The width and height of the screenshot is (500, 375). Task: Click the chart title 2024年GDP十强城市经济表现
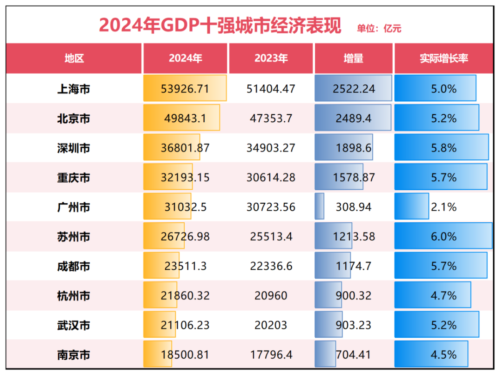click(220, 25)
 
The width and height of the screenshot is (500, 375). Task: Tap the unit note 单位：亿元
click(379, 29)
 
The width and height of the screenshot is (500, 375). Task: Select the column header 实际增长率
click(444, 58)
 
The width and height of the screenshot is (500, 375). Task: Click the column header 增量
click(353, 58)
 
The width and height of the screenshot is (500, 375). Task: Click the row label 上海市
click(74, 88)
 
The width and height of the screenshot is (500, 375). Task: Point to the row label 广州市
click(74, 207)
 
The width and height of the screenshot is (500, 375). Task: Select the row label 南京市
click(74, 355)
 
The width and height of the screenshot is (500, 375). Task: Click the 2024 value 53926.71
click(185, 88)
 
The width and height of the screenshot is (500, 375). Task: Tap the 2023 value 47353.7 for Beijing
click(271, 118)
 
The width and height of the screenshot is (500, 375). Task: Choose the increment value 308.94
click(353, 207)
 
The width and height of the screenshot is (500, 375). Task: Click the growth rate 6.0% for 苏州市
click(444, 237)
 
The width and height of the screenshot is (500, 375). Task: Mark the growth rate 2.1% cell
click(444, 207)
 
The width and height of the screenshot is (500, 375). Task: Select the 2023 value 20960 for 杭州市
click(271, 296)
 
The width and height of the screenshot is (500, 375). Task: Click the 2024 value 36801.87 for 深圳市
click(185, 148)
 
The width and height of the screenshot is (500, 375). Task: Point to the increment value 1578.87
click(353, 177)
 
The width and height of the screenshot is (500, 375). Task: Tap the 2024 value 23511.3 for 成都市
click(185, 266)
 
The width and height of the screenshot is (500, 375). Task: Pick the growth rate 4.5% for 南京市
click(444, 355)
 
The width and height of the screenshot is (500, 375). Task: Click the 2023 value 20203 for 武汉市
click(271, 325)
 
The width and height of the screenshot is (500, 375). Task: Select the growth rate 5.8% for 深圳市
click(444, 148)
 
